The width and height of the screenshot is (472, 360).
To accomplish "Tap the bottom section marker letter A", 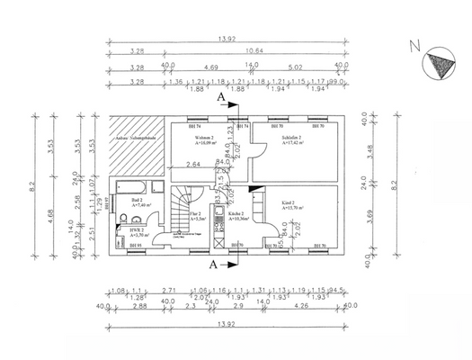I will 213,265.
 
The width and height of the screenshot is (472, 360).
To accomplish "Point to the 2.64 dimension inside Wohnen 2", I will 192,165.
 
